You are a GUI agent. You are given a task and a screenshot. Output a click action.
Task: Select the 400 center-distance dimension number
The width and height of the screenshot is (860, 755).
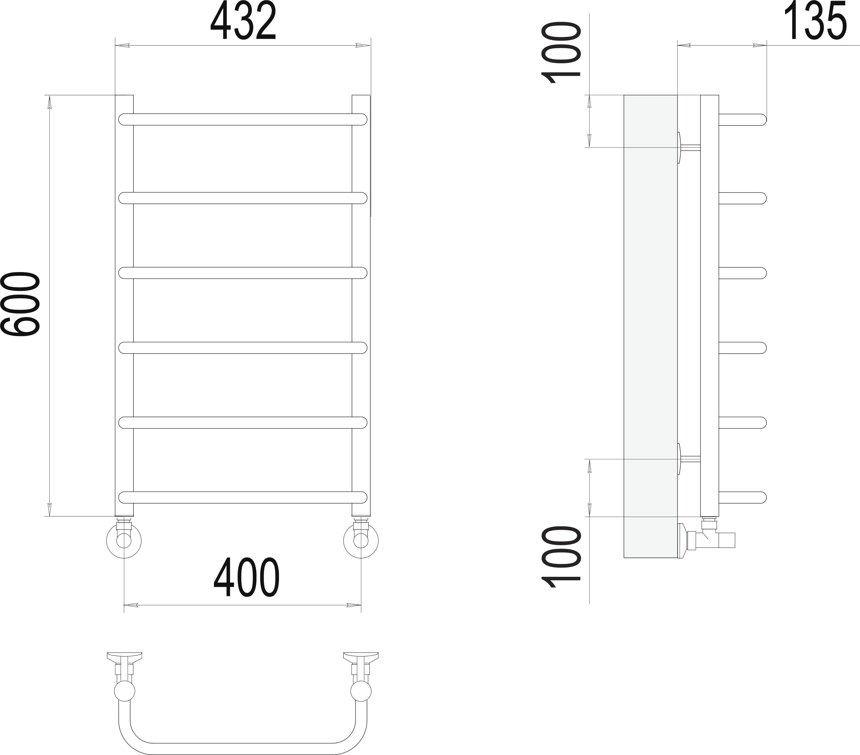pyautogui.click(x=247, y=577)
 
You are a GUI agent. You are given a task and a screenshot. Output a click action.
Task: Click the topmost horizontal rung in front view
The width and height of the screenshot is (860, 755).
pyautogui.click(x=243, y=119)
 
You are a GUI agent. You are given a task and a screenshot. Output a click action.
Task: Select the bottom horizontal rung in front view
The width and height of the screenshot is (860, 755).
pyautogui.click(x=243, y=497)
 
